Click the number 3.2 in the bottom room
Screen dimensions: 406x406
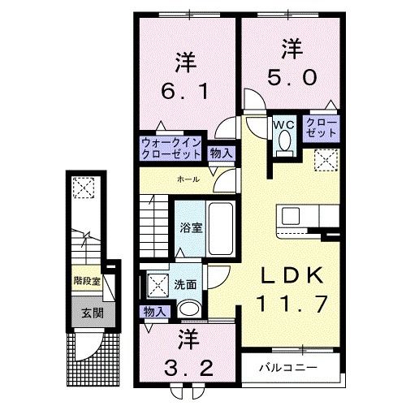[x=187, y=367]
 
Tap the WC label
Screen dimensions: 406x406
[x=283, y=124]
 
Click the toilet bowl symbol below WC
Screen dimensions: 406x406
[x=283, y=142]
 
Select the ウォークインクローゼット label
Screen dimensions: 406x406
[x=171, y=147]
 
